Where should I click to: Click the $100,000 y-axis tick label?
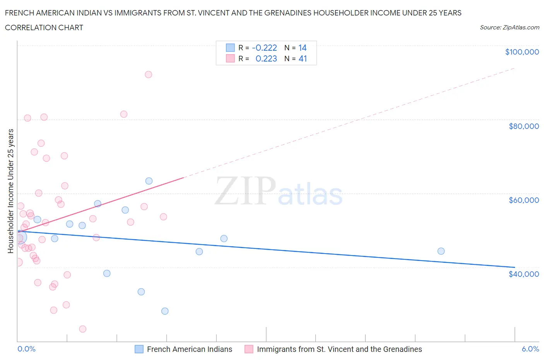coord(522,52)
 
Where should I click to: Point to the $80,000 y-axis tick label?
coord(523,126)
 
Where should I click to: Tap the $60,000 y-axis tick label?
coord(523,200)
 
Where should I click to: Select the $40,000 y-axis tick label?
coord(523,274)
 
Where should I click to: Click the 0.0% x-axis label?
coord(26,349)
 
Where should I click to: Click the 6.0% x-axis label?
coord(530,349)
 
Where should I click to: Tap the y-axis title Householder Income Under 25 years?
coord(10,191)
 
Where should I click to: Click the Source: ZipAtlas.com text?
coord(509,27)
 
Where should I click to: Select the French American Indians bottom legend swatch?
coord(139,349)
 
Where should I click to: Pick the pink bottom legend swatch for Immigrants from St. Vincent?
coord(249,349)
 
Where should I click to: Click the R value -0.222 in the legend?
coord(264,48)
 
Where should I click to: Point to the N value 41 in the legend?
coord(303,58)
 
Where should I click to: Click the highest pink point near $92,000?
coord(148,74)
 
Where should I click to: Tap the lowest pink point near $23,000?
coord(82,329)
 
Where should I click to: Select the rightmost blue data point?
coord(441,251)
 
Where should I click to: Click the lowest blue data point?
coord(165,311)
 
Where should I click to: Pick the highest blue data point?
coord(149,181)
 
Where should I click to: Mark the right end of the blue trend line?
coord(515,267)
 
